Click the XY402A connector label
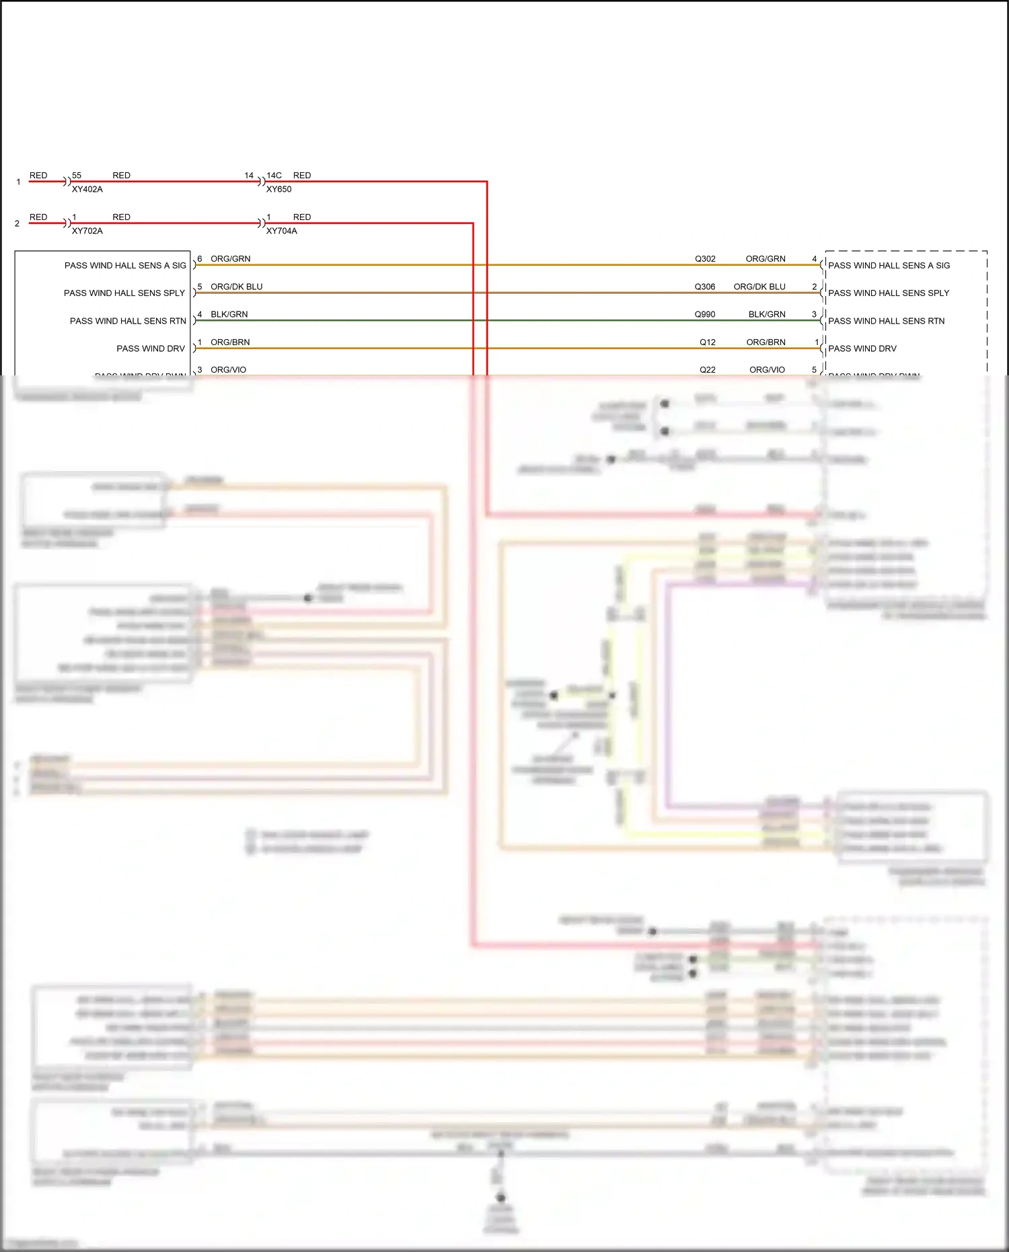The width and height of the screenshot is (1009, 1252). pos(87,190)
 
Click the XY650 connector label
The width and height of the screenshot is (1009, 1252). pos(278,190)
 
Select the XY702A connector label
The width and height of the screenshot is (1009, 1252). pos(87,231)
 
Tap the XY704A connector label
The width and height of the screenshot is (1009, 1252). pos(281,231)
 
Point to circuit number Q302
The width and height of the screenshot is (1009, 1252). pos(705,259)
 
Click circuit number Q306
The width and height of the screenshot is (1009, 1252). pos(705,287)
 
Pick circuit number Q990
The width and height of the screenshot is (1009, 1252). pos(705,315)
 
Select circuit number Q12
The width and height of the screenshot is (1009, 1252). pos(708,342)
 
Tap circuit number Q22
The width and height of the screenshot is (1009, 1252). pos(708,370)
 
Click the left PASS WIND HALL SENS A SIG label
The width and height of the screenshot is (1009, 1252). pos(125,266)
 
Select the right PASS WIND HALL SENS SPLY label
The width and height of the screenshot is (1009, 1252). pos(889,293)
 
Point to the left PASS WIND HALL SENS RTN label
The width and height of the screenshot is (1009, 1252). pos(128,322)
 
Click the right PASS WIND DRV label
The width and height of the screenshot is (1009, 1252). pos(862,349)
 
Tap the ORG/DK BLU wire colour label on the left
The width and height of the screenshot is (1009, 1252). pos(236,287)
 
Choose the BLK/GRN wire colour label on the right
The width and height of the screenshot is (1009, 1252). pos(767,315)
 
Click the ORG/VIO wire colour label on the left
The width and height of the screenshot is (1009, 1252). pos(228,370)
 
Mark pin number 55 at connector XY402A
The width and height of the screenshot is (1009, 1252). pos(77,176)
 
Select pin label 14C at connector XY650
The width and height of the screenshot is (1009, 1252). pos(274,176)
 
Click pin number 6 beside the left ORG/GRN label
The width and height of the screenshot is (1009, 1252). pos(200,259)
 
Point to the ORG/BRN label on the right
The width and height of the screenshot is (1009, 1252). pos(765,342)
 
